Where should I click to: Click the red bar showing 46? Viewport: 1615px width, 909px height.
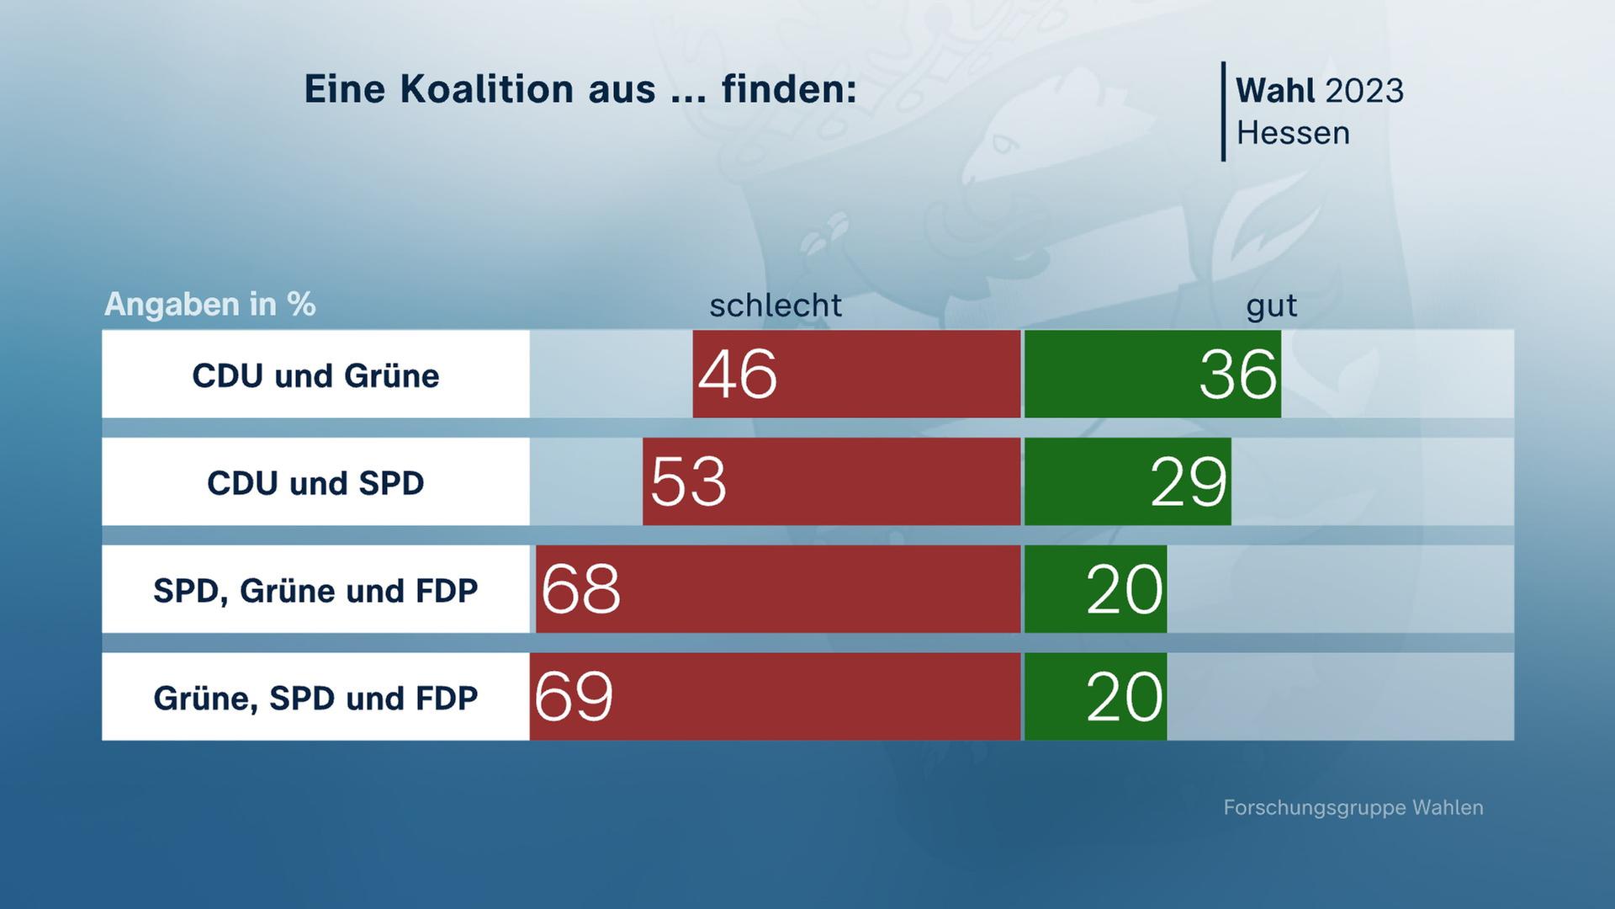[856, 374]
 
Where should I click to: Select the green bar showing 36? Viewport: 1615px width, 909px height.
[1152, 374]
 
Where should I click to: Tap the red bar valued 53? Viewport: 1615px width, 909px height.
[831, 481]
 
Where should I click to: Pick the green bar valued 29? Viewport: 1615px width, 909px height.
[1127, 481]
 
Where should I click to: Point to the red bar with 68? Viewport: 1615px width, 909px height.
[778, 589]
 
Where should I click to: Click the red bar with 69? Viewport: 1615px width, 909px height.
[775, 697]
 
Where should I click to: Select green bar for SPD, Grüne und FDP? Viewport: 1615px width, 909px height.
[1095, 589]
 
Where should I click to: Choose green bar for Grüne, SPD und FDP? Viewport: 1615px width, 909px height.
[1095, 697]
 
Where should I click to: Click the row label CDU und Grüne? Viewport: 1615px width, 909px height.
[315, 375]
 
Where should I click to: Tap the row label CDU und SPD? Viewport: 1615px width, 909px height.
[315, 483]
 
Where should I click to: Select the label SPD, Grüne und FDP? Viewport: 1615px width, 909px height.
[315, 591]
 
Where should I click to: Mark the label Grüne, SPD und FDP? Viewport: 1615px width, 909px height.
[315, 699]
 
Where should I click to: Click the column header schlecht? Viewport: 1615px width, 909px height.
[775, 306]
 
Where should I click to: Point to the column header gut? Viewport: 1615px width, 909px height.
[1271, 306]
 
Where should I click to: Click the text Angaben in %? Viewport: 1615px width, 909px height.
[209, 304]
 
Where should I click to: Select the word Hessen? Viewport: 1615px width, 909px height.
[1293, 133]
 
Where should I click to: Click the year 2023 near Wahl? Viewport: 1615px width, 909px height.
[1363, 91]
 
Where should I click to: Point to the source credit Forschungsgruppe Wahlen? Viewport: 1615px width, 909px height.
[1353, 808]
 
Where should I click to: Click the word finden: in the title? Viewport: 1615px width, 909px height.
[788, 89]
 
